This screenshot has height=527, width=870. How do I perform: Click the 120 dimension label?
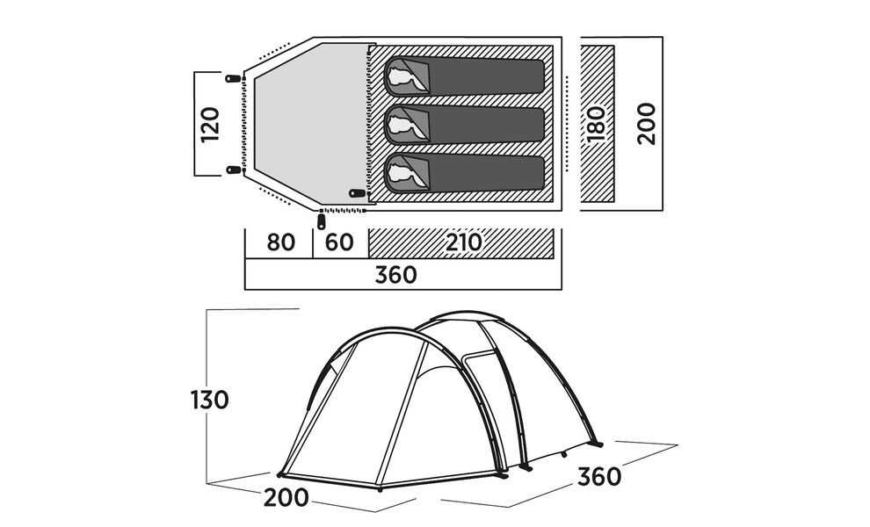click(210, 124)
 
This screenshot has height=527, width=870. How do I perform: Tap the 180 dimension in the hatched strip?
click(597, 123)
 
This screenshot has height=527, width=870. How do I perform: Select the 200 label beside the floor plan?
click(647, 123)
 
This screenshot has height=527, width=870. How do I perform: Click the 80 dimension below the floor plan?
click(280, 242)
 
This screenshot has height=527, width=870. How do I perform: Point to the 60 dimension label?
click(339, 242)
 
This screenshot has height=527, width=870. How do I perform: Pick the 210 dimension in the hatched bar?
click(463, 242)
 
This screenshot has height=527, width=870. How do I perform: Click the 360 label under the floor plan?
click(395, 275)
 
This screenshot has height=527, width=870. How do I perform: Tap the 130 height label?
click(210, 400)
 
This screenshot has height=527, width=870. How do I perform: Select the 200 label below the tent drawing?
click(286, 498)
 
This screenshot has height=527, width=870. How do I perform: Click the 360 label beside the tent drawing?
click(599, 477)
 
